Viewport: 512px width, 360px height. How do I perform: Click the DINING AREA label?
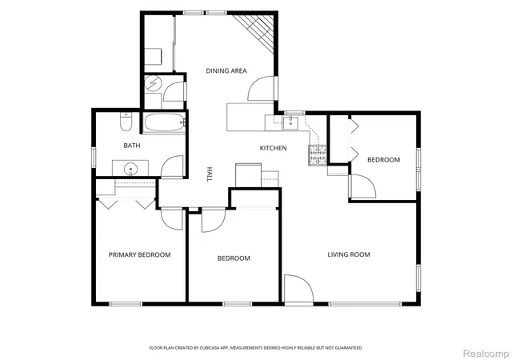226,70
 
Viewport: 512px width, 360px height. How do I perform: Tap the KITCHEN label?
273,148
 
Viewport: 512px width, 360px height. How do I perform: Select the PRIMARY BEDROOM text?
139,254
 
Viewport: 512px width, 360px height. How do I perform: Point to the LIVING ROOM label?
349,254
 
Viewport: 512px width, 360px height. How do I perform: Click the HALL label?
210,174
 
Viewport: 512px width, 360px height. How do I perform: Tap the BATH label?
132,146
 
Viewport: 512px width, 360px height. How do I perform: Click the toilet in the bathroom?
126,122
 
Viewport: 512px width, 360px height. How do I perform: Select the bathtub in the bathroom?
164,122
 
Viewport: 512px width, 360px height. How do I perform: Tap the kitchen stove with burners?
318,155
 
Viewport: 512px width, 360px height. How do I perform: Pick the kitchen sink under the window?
290,123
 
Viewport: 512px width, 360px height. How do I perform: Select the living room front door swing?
298,288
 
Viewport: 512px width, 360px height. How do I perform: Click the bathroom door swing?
172,166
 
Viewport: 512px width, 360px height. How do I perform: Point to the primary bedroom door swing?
172,219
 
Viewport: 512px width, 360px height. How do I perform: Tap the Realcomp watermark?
486,354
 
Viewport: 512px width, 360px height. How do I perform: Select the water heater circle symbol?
153,83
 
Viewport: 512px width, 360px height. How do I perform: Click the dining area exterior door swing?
262,89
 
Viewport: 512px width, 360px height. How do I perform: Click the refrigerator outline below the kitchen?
248,175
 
